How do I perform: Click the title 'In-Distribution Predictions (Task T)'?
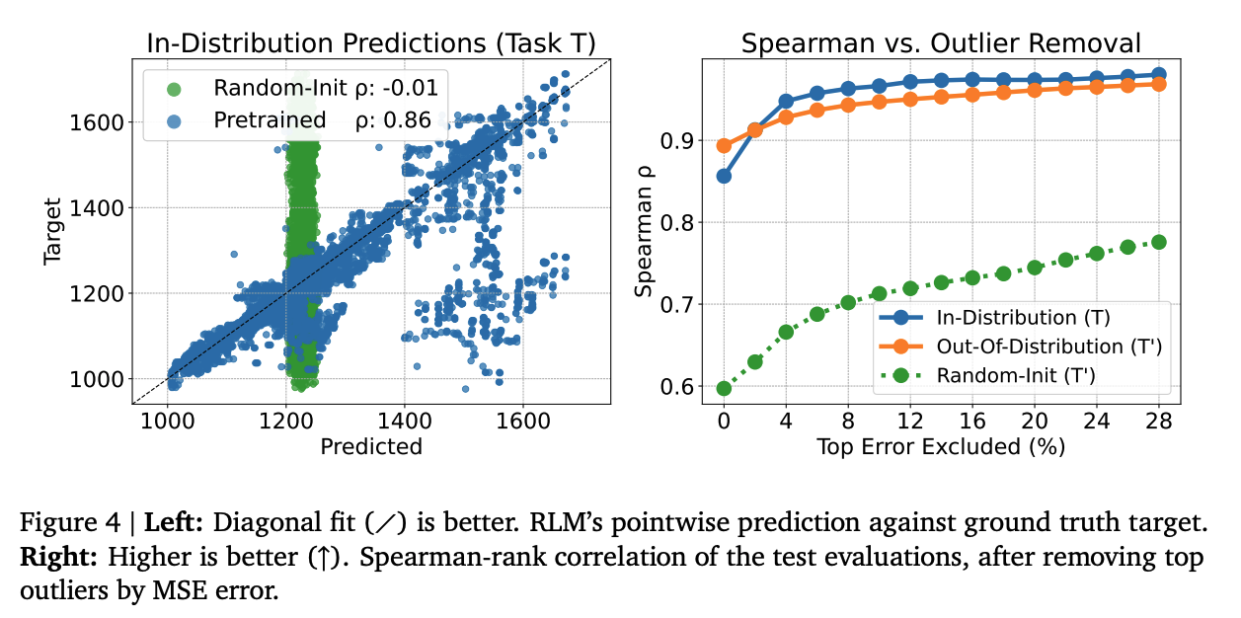[370, 43]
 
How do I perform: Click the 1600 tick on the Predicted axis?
[522, 419]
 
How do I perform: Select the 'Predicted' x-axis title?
[371, 446]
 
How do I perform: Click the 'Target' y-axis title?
[55, 230]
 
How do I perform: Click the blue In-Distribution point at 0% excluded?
[724, 176]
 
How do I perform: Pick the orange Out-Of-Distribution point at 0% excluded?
[724, 145]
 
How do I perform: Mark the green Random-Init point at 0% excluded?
[724, 388]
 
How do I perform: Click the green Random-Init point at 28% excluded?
[1158, 242]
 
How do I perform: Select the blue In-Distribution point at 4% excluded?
[786, 101]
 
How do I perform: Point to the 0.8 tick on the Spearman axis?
[687, 222]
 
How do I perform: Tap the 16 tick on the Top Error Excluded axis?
[971, 419]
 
